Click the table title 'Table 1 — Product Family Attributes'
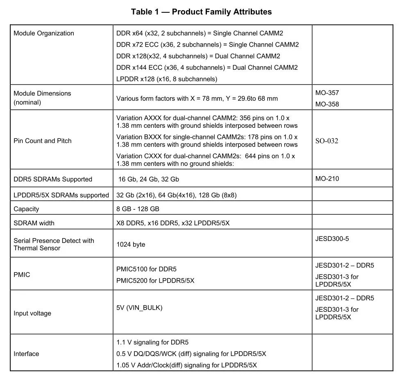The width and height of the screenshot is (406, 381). tap(201, 11)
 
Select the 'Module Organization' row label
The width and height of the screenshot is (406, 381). tap(44, 33)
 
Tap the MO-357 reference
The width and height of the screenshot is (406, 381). tap(327, 93)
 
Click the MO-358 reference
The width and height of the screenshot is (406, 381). tap(327, 104)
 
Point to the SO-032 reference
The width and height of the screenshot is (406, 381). tap(327, 141)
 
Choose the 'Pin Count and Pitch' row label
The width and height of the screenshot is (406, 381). tap(42, 141)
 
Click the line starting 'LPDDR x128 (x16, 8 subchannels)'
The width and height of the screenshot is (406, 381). tap(167, 79)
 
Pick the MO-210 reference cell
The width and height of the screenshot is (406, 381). tap(327, 179)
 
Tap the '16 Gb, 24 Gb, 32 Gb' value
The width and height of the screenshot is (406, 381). tap(149, 179)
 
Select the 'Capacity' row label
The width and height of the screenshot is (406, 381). tap(26, 209)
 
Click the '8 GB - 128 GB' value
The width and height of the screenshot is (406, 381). tap(138, 209)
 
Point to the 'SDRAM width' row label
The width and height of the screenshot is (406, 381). tap(34, 223)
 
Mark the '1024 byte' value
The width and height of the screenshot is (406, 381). tap(131, 245)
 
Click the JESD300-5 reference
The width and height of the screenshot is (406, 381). tap(332, 239)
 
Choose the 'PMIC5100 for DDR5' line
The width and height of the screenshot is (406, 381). tap(146, 270)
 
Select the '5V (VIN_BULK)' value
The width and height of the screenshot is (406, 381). tap(139, 308)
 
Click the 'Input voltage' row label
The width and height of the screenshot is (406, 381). tap(32, 313)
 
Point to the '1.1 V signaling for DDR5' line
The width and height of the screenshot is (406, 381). tap(152, 342)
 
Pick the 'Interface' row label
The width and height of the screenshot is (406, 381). tap(26, 354)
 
